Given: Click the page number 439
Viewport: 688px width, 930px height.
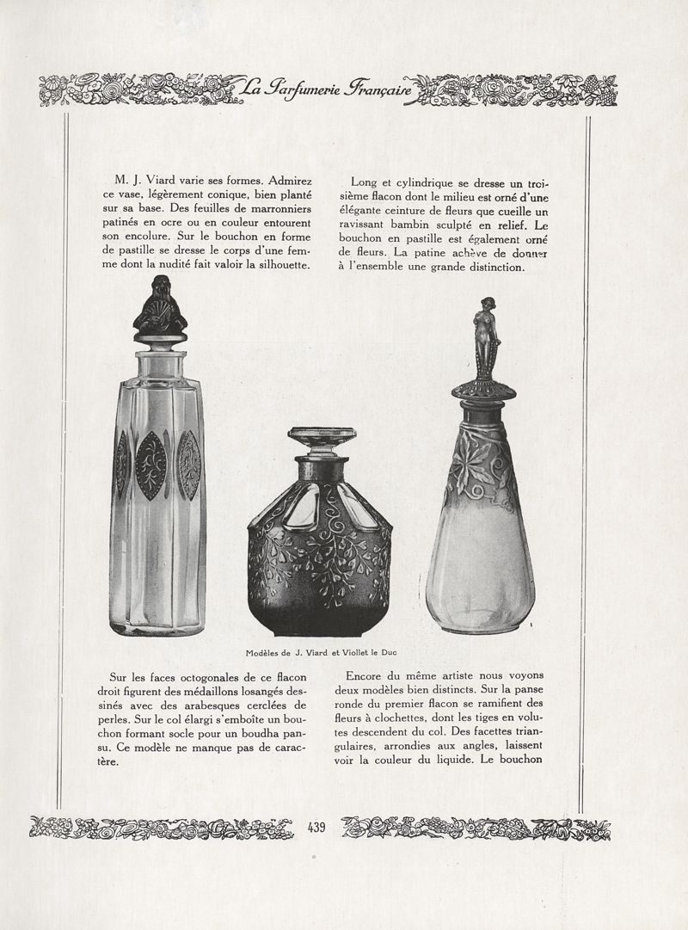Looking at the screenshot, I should point(315,828).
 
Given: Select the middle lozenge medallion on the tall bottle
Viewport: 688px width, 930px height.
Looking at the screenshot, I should point(152,465).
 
